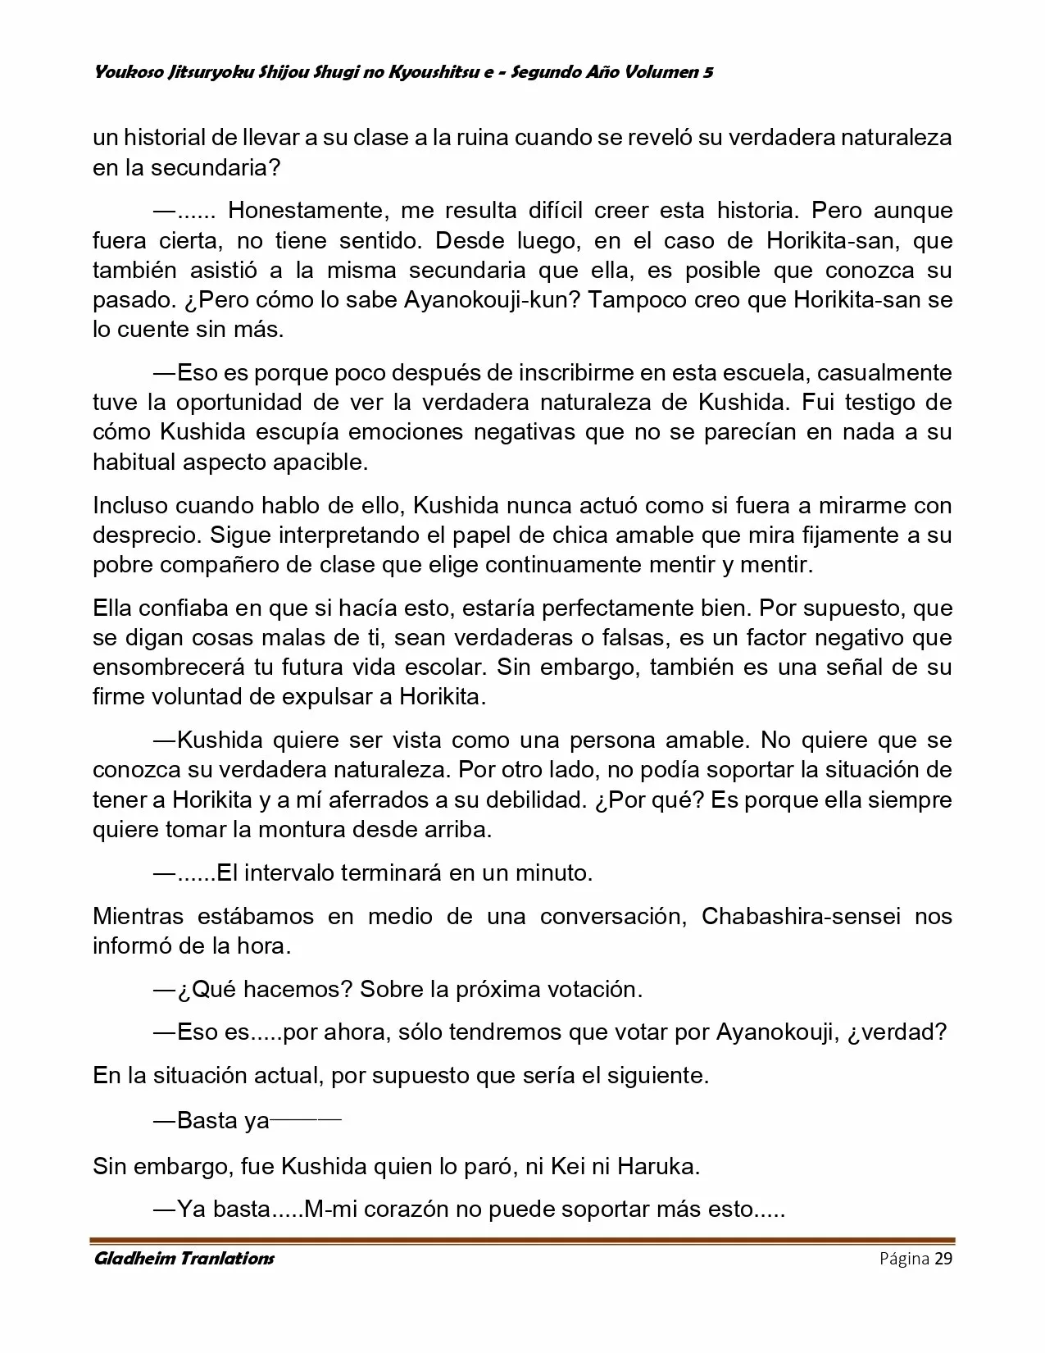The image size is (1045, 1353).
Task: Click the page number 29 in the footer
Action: coord(943,1259)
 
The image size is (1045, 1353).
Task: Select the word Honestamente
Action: coord(307,211)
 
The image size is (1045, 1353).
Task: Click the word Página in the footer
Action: coord(905,1259)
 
